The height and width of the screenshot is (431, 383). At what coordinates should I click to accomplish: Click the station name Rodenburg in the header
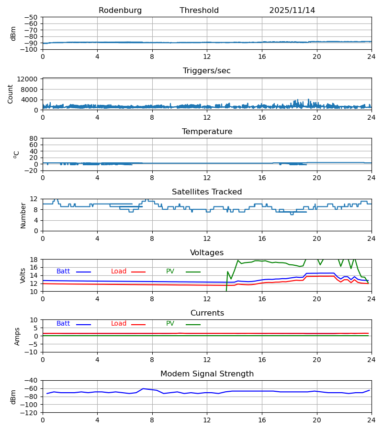tap(120, 11)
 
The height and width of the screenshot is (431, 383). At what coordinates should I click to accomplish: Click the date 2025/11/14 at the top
tap(292, 11)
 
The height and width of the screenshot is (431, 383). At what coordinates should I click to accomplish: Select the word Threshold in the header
tap(199, 11)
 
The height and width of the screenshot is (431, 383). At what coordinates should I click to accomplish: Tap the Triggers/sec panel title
tap(207, 71)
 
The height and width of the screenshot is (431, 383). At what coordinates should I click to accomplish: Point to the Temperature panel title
tap(207, 132)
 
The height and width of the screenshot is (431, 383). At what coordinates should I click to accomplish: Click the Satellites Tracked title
tap(207, 192)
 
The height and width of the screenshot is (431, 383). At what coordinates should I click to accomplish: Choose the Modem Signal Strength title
tap(207, 374)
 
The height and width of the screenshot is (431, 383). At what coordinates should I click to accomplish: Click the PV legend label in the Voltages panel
tap(170, 272)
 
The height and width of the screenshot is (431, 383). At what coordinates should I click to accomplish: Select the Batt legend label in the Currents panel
tap(63, 324)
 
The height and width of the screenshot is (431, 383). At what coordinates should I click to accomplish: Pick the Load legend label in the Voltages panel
tap(119, 272)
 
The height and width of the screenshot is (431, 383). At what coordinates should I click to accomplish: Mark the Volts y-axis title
tap(23, 275)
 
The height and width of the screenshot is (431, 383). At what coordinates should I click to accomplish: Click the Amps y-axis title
tap(18, 336)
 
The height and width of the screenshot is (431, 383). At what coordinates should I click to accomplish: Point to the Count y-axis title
tap(11, 94)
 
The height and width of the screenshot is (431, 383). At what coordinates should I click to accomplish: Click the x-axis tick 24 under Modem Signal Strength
tap(371, 420)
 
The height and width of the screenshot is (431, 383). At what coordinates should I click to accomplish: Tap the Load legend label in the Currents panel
tap(119, 324)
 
